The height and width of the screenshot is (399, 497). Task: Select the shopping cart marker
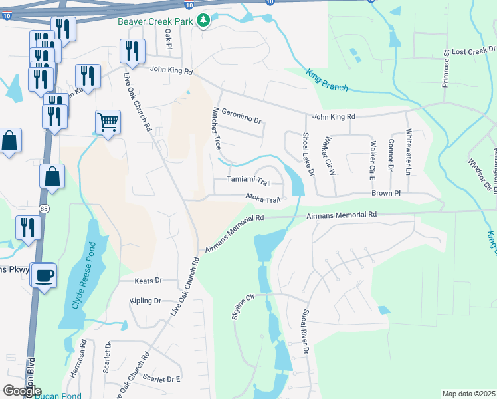(108, 122)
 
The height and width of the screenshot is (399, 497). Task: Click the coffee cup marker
(44, 275)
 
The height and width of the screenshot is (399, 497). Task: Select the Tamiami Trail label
(248, 181)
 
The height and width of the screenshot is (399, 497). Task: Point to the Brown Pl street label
(385, 193)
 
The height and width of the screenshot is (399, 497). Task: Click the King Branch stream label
(327, 79)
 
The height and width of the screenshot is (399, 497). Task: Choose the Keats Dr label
(148, 281)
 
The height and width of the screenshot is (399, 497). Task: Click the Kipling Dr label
(146, 301)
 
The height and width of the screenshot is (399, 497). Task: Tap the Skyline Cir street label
(244, 307)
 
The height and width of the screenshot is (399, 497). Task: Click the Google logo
(22, 391)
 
